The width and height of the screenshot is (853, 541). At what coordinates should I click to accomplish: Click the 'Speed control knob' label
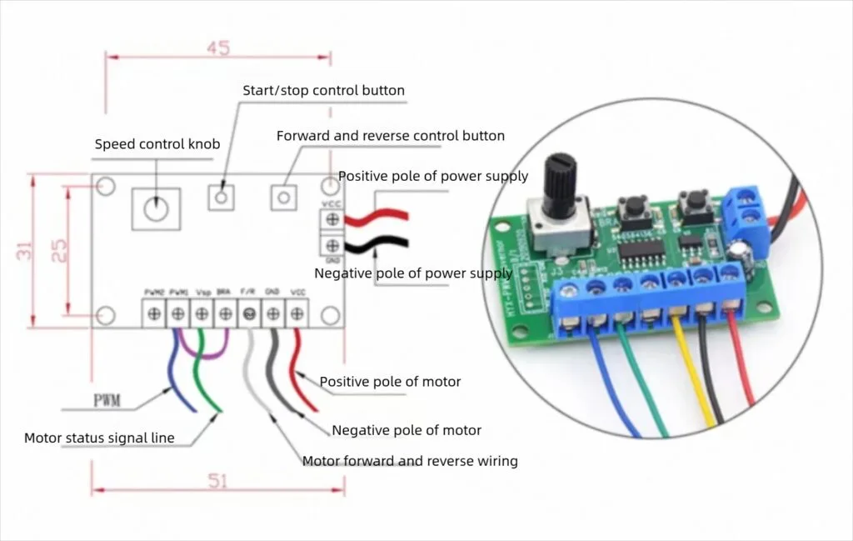click(157, 144)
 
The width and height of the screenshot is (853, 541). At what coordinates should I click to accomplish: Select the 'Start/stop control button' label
click(323, 90)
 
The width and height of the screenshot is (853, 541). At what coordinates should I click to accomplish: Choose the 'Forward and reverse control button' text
click(390, 135)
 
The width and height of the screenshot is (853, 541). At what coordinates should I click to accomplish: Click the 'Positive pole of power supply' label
click(433, 176)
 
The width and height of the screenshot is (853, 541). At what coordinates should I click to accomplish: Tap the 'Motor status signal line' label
click(99, 438)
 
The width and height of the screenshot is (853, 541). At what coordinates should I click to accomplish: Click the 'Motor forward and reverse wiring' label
click(409, 461)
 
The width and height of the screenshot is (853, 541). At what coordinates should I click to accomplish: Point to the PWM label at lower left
click(106, 401)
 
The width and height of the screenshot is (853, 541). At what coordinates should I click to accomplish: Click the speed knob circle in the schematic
click(156, 206)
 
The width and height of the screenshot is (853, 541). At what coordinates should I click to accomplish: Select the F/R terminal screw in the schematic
click(248, 314)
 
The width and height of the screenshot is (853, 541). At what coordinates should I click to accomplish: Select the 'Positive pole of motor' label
click(390, 381)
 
